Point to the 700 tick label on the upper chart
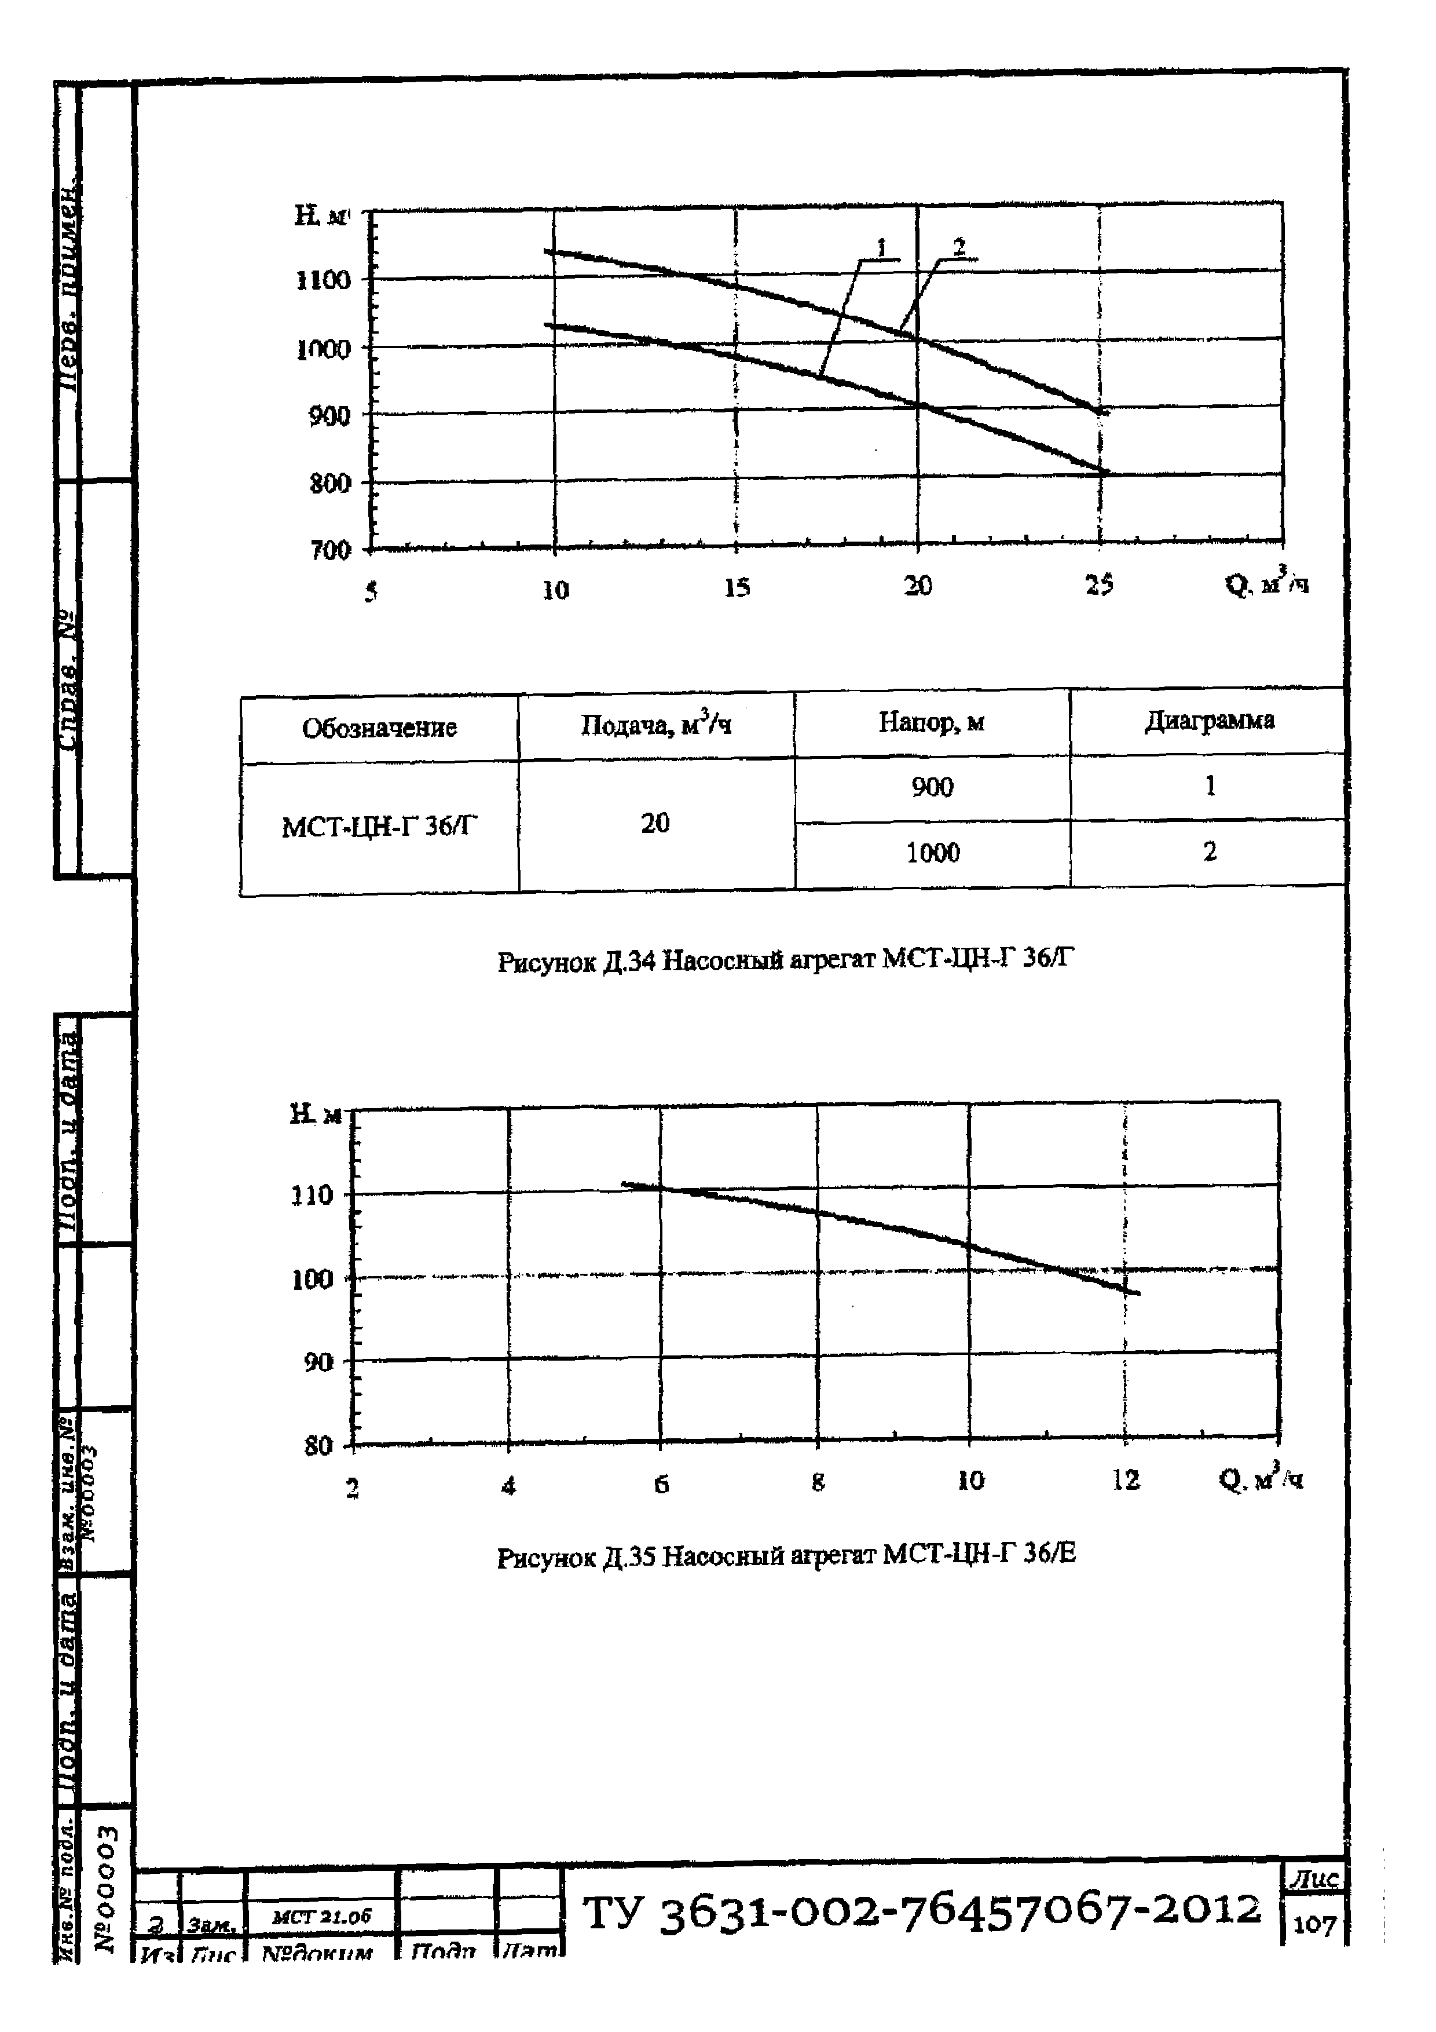(331, 550)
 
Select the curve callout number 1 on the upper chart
(881, 248)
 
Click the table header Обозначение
(380, 728)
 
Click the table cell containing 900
(933, 787)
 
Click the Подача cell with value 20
(655, 823)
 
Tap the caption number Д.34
(629, 960)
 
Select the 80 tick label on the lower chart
(318, 1446)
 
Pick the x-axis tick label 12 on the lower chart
(1126, 1480)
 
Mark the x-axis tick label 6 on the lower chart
(661, 1484)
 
